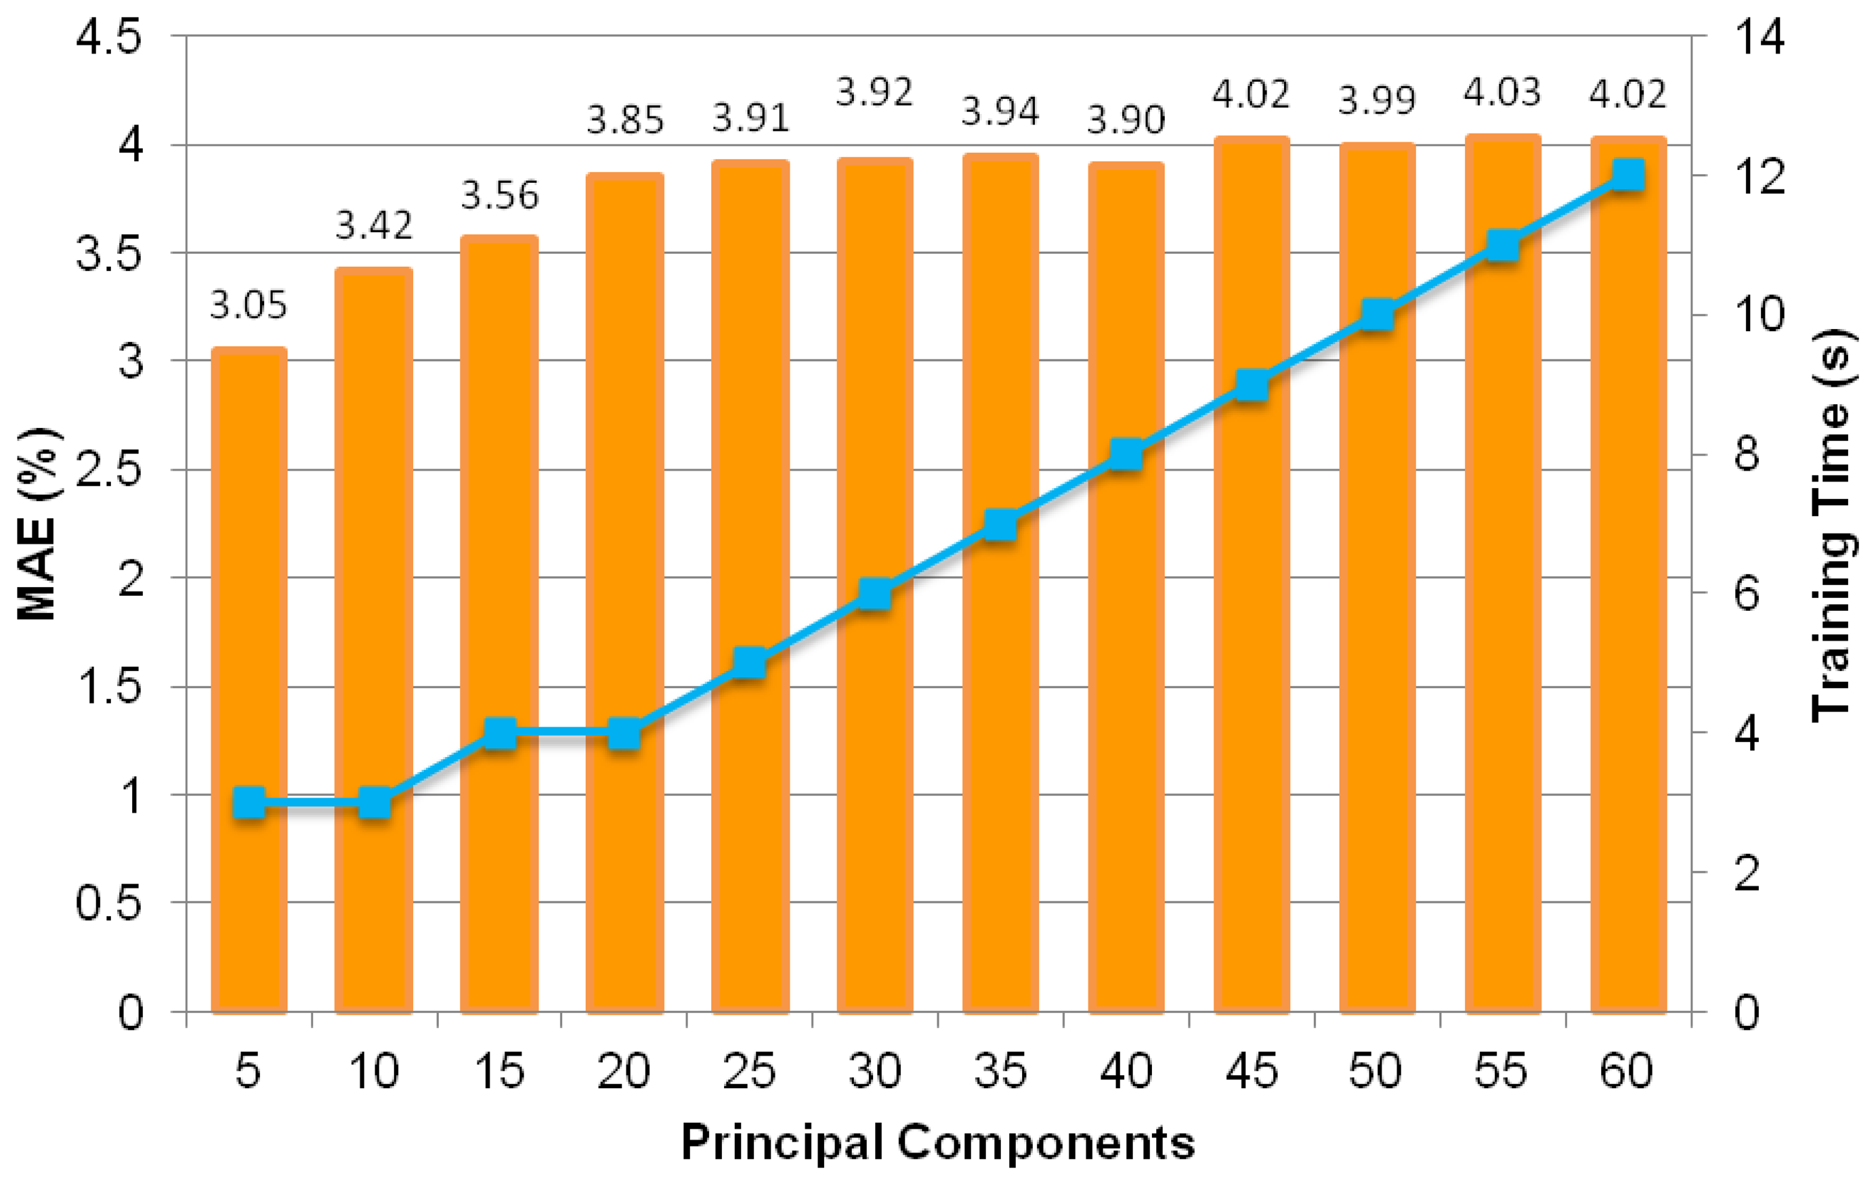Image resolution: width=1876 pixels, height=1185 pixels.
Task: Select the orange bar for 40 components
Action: click(x=1126, y=702)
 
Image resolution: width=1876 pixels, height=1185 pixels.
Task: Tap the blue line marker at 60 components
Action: click(x=1627, y=175)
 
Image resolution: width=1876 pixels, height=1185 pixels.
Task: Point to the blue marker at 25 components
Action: click(x=750, y=663)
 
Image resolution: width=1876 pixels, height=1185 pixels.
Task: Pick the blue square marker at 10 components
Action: click(x=375, y=802)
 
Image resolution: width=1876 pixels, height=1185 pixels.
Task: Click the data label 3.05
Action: click(x=249, y=305)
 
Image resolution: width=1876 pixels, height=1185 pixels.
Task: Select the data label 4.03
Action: click(x=1501, y=93)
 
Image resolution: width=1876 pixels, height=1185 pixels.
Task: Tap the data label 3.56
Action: click(x=499, y=195)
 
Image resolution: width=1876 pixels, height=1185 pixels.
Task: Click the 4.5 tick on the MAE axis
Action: click(x=109, y=37)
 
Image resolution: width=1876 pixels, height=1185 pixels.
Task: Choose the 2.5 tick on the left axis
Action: click(x=109, y=470)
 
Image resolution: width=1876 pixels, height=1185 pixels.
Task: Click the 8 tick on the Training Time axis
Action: click(x=1747, y=454)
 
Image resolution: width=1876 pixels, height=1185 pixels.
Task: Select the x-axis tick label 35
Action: click(x=1000, y=1071)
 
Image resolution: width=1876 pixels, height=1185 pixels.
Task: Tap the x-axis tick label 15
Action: click(x=499, y=1071)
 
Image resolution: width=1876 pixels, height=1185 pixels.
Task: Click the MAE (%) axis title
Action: click(x=37, y=523)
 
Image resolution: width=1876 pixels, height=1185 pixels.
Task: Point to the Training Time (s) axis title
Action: click(x=1830, y=523)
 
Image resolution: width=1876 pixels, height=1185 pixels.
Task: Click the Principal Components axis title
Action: click(x=937, y=1144)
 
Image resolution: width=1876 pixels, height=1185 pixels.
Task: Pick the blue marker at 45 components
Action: click(x=1251, y=385)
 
